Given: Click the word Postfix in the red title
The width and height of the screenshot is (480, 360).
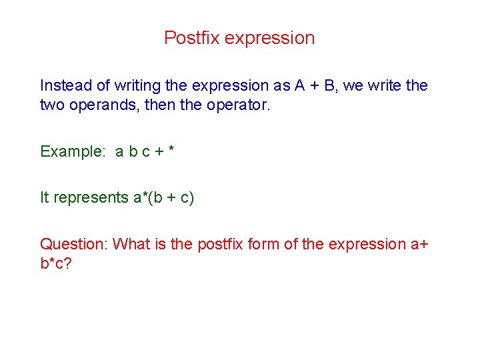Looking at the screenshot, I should (x=191, y=38).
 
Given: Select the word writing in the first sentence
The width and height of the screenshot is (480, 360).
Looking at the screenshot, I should (x=138, y=86).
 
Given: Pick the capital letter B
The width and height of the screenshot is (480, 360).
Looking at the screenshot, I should (x=331, y=85).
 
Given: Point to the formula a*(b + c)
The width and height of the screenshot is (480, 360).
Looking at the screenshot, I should (x=163, y=198).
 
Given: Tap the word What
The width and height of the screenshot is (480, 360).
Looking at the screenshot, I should (x=131, y=244).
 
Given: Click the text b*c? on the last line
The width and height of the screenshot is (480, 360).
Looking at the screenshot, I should (x=56, y=264).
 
